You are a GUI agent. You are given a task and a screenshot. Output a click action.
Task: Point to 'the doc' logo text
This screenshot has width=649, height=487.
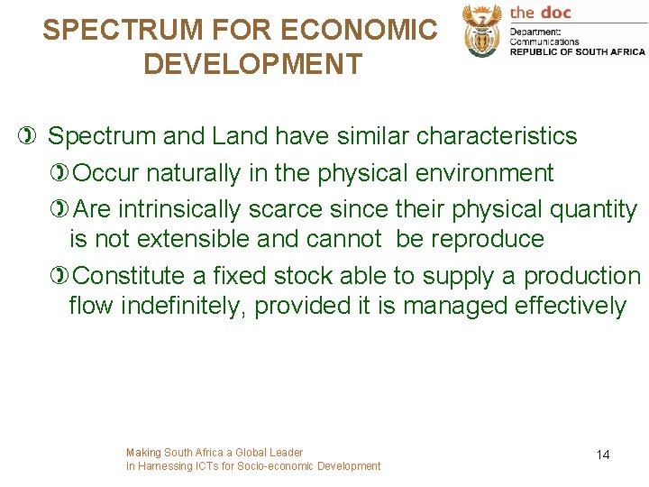[x=541, y=12]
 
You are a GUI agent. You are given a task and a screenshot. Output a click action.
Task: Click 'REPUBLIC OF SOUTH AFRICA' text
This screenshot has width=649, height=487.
[x=578, y=52]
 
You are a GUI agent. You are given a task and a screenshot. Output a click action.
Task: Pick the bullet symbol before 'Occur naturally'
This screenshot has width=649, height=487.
[x=60, y=172]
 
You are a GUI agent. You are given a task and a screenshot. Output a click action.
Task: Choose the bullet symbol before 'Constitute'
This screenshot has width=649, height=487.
[x=60, y=276]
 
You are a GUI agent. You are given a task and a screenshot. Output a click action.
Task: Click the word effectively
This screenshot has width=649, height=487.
[x=570, y=306]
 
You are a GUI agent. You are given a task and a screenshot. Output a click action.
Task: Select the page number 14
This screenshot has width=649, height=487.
[x=603, y=455]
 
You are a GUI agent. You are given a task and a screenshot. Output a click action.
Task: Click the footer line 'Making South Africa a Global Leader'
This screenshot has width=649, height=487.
[x=215, y=452]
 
